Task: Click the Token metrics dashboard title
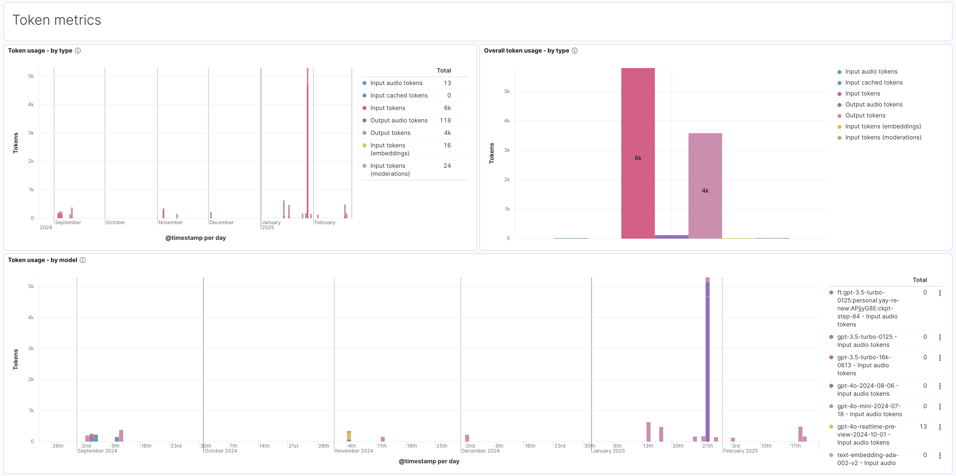[57, 20]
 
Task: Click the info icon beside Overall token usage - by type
[575, 51]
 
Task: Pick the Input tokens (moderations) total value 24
[447, 166]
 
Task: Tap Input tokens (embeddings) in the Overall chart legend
[883, 126]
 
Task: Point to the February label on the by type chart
[324, 223]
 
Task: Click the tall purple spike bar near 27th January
[707, 364]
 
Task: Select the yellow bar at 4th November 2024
[349, 436]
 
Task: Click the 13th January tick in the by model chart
[648, 446]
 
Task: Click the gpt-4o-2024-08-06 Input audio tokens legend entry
[867, 389]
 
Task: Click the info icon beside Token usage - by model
[83, 260]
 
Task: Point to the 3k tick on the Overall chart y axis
[507, 150]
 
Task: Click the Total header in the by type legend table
[443, 71]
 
